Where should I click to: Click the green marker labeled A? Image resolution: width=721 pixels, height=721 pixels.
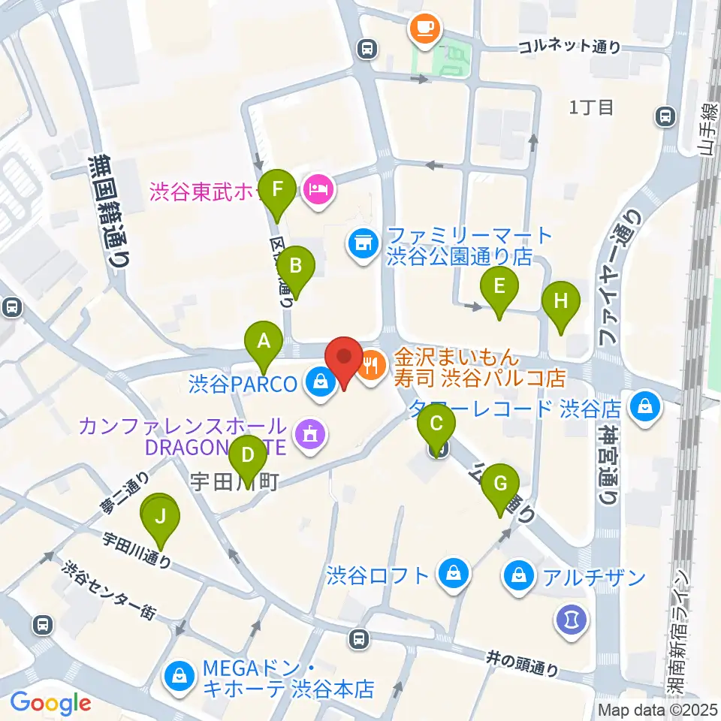click(x=264, y=342)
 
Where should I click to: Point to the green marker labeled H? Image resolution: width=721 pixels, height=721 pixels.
click(x=561, y=302)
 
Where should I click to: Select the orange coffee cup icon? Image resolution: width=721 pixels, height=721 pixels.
click(x=425, y=29)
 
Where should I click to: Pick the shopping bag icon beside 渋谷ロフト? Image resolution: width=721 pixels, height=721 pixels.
click(x=454, y=575)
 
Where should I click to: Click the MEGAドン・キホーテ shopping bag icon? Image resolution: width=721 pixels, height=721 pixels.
click(x=181, y=674)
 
